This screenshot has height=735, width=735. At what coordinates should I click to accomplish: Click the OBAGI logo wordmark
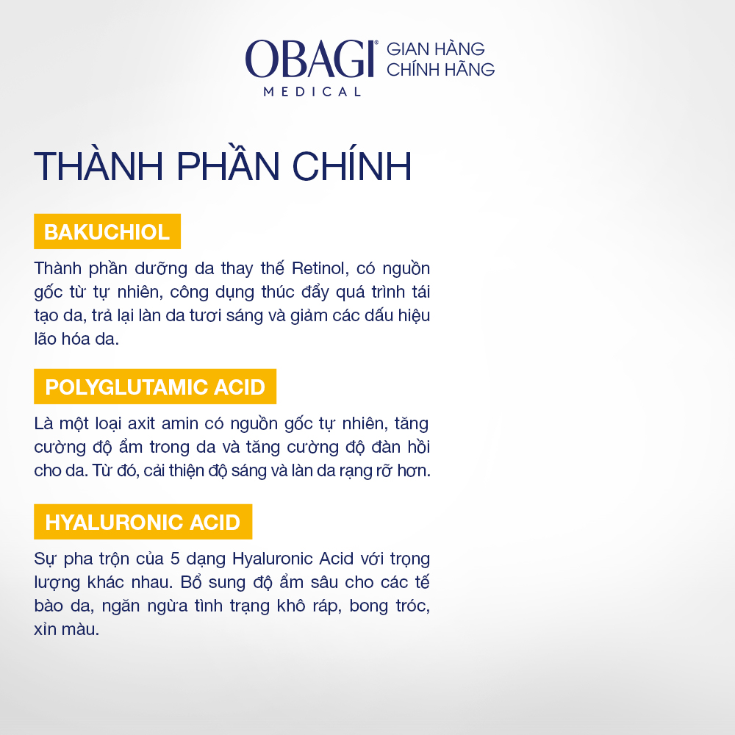pyautogui.click(x=310, y=59)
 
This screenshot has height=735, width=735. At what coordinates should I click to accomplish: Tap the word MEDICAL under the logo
pyautogui.click(x=312, y=92)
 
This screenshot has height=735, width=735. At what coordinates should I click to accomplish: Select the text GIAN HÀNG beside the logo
pyautogui.click(x=435, y=49)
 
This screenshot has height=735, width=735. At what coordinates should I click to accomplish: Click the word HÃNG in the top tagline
pyautogui.click(x=470, y=69)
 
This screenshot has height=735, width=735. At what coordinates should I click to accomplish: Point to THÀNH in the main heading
pyautogui.click(x=98, y=166)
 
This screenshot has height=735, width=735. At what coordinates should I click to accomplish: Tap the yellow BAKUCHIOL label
pyautogui.click(x=107, y=232)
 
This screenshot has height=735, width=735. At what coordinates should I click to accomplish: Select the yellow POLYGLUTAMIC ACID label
pyautogui.click(x=155, y=387)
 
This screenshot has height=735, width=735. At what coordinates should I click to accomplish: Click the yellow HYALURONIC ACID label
pyautogui.click(x=143, y=522)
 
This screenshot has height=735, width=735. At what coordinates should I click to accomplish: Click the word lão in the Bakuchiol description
pyautogui.click(x=45, y=339)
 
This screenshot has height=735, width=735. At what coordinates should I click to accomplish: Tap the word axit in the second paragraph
pyautogui.click(x=141, y=424)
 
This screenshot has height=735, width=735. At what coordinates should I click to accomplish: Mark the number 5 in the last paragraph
pyautogui.click(x=175, y=559)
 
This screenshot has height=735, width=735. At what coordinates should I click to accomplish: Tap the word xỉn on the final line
pyautogui.click(x=45, y=629)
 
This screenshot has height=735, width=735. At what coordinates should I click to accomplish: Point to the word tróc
pyautogui.click(x=412, y=606)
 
